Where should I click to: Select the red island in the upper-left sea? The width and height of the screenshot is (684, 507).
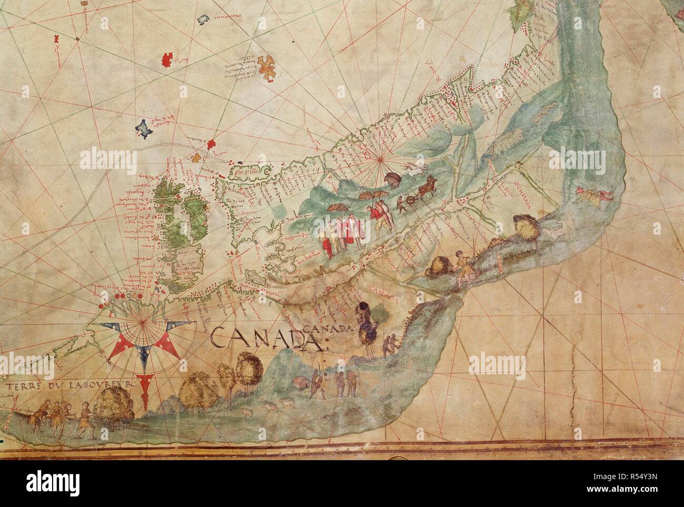(x=167, y=59)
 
